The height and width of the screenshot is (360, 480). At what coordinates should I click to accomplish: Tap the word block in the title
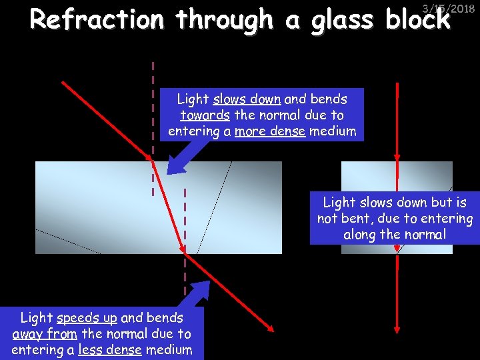pos(418,20)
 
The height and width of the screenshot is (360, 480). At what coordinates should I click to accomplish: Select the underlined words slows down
pos(247,99)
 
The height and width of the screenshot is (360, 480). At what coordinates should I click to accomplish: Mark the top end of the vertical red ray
pos(397,84)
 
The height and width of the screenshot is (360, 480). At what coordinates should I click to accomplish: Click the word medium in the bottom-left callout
pos(169,350)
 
